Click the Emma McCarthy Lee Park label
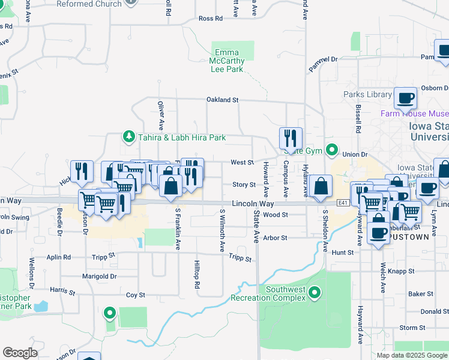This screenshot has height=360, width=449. coord(227,61)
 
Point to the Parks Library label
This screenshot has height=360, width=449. coord(367,95)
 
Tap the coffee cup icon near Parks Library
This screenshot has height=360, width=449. coord(405,97)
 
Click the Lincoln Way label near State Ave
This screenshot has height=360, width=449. coord(254,204)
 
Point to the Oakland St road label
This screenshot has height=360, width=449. coord(223,100)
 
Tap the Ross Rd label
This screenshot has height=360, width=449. coord(210,19)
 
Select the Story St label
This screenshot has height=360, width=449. coord(244,185)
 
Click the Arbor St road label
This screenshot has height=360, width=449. coord(276,238)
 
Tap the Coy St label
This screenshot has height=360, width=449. coord(136,295)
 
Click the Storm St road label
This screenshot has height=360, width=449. coord(412,328)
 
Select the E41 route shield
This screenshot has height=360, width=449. coord(343,203)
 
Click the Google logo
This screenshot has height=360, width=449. coord(20,353)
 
